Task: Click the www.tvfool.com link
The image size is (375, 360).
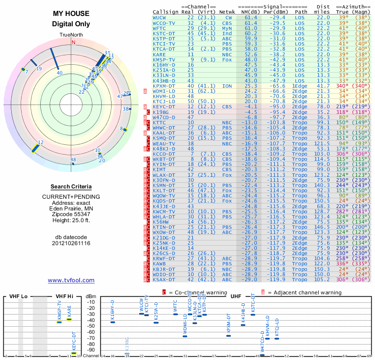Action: click(x=71, y=280)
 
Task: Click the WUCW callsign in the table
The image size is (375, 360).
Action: click(x=159, y=17)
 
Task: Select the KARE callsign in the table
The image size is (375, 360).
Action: click(x=159, y=54)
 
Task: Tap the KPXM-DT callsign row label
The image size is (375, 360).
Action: click(x=164, y=86)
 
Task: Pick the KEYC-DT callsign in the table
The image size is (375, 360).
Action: click(x=164, y=106)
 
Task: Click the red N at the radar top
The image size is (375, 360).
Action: click(x=73, y=42)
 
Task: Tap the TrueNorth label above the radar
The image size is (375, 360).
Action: click(x=71, y=35)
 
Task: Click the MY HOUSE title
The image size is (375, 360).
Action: click(x=71, y=14)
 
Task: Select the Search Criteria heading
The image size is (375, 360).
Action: click(x=71, y=187)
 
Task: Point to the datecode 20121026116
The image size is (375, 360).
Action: click(x=71, y=243)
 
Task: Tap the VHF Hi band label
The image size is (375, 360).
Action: click(x=64, y=296)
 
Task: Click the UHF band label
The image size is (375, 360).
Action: click(x=236, y=296)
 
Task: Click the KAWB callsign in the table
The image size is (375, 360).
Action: click(x=159, y=265)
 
